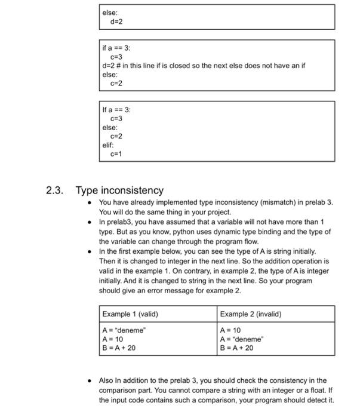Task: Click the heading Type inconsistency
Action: pyautogui.click(x=119, y=190)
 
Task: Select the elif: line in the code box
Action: pyautogui.click(x=108, y=145)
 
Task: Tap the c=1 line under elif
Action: pyautogui.click(x=116, y=153)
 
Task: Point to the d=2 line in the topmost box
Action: pyautogui.click(x=116, y=21)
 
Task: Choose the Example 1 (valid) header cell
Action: pyautogui.click(x=130, y=314)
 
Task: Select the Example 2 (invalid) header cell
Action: pyautogui.click(x=250, y=314)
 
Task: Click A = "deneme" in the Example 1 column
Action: pyautogui.click(x=124, y=330)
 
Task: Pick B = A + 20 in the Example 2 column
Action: pyautogui.click(x=237, y=348)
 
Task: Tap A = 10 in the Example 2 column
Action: pyautogui.click(x=230, y=330)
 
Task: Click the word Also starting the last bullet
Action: pyautogui.click(x=106, y=380)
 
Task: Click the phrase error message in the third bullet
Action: pyautogui.click(x=164, y=290)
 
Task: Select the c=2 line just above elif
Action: pyautogui.click(x=116, y=136)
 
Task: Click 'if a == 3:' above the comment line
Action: pyautogui.click(x=116, y=47)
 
